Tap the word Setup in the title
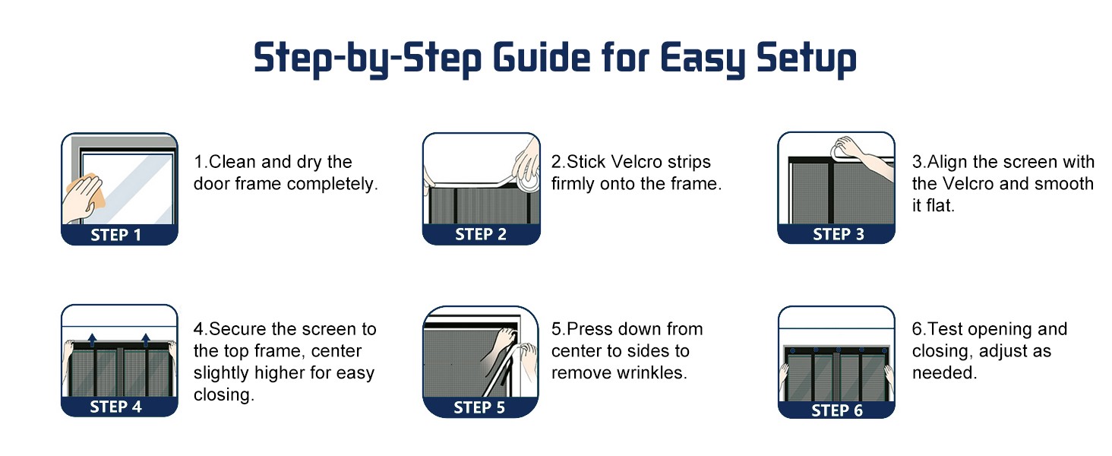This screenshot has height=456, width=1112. [807, 59]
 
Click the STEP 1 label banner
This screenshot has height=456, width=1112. [119, 234]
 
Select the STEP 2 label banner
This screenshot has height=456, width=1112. [481, 234]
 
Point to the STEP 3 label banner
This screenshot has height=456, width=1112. [836, 233]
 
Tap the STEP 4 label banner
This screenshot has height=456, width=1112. [119, 407]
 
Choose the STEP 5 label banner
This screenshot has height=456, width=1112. [480, 407]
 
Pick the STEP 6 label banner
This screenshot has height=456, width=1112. [836, 410]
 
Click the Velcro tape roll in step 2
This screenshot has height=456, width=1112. [528, 182]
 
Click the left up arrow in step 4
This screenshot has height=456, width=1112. [93, 340]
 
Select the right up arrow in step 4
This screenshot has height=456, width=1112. [145, 340]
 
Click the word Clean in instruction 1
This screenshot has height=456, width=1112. [232, 162]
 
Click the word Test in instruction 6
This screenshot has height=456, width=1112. [945, 329]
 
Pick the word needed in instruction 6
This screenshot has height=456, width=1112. [944, 372]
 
